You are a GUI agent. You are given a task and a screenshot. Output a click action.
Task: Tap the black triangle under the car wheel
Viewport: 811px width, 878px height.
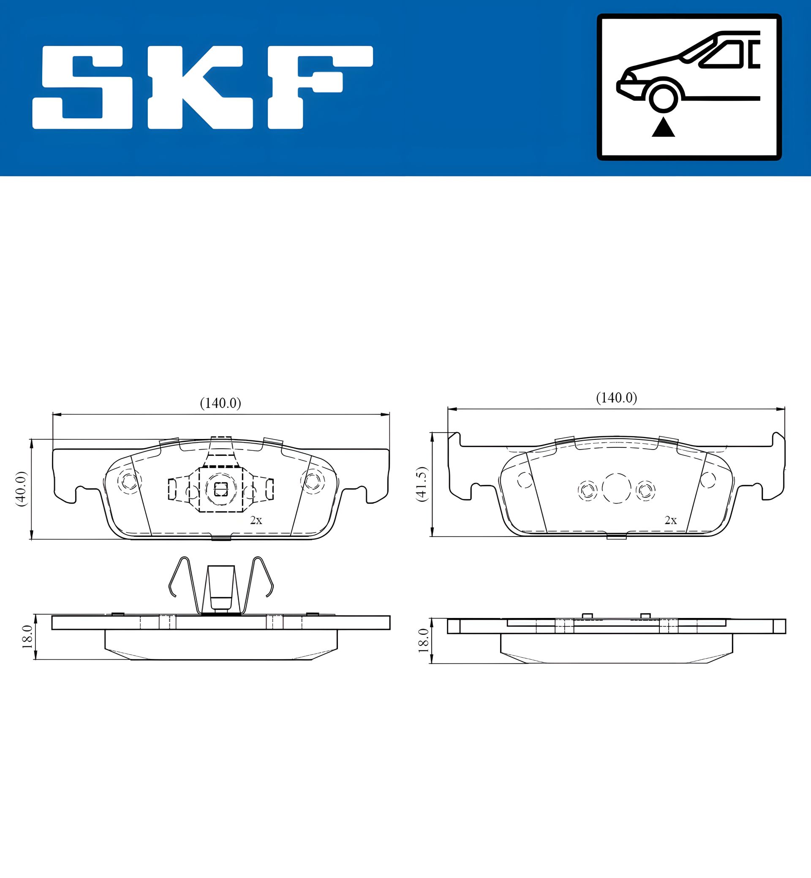coord(663,128)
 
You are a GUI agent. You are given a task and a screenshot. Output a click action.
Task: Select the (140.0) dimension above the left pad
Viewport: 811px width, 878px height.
coord(220,403)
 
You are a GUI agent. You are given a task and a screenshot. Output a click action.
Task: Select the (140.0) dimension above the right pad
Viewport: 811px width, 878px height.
coord(616,398)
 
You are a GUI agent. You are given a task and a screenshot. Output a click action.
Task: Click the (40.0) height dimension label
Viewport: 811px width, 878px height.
coord(21,489)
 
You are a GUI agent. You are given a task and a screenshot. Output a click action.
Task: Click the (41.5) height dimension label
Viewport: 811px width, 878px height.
coord(421,484)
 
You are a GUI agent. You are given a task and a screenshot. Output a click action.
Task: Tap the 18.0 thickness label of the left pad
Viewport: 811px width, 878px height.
coord(27,637)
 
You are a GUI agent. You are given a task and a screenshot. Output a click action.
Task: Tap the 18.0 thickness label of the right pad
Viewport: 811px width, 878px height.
coord(423,640)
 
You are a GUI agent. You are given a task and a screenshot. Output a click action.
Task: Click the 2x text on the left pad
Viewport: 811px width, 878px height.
coord(256,520)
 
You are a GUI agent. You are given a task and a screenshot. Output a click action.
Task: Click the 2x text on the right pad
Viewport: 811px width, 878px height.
coord(670,520)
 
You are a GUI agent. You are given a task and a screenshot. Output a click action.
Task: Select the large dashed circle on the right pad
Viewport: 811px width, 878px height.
coord(616,488)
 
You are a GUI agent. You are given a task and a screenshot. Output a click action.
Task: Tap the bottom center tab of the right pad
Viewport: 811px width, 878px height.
coord(616,537)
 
